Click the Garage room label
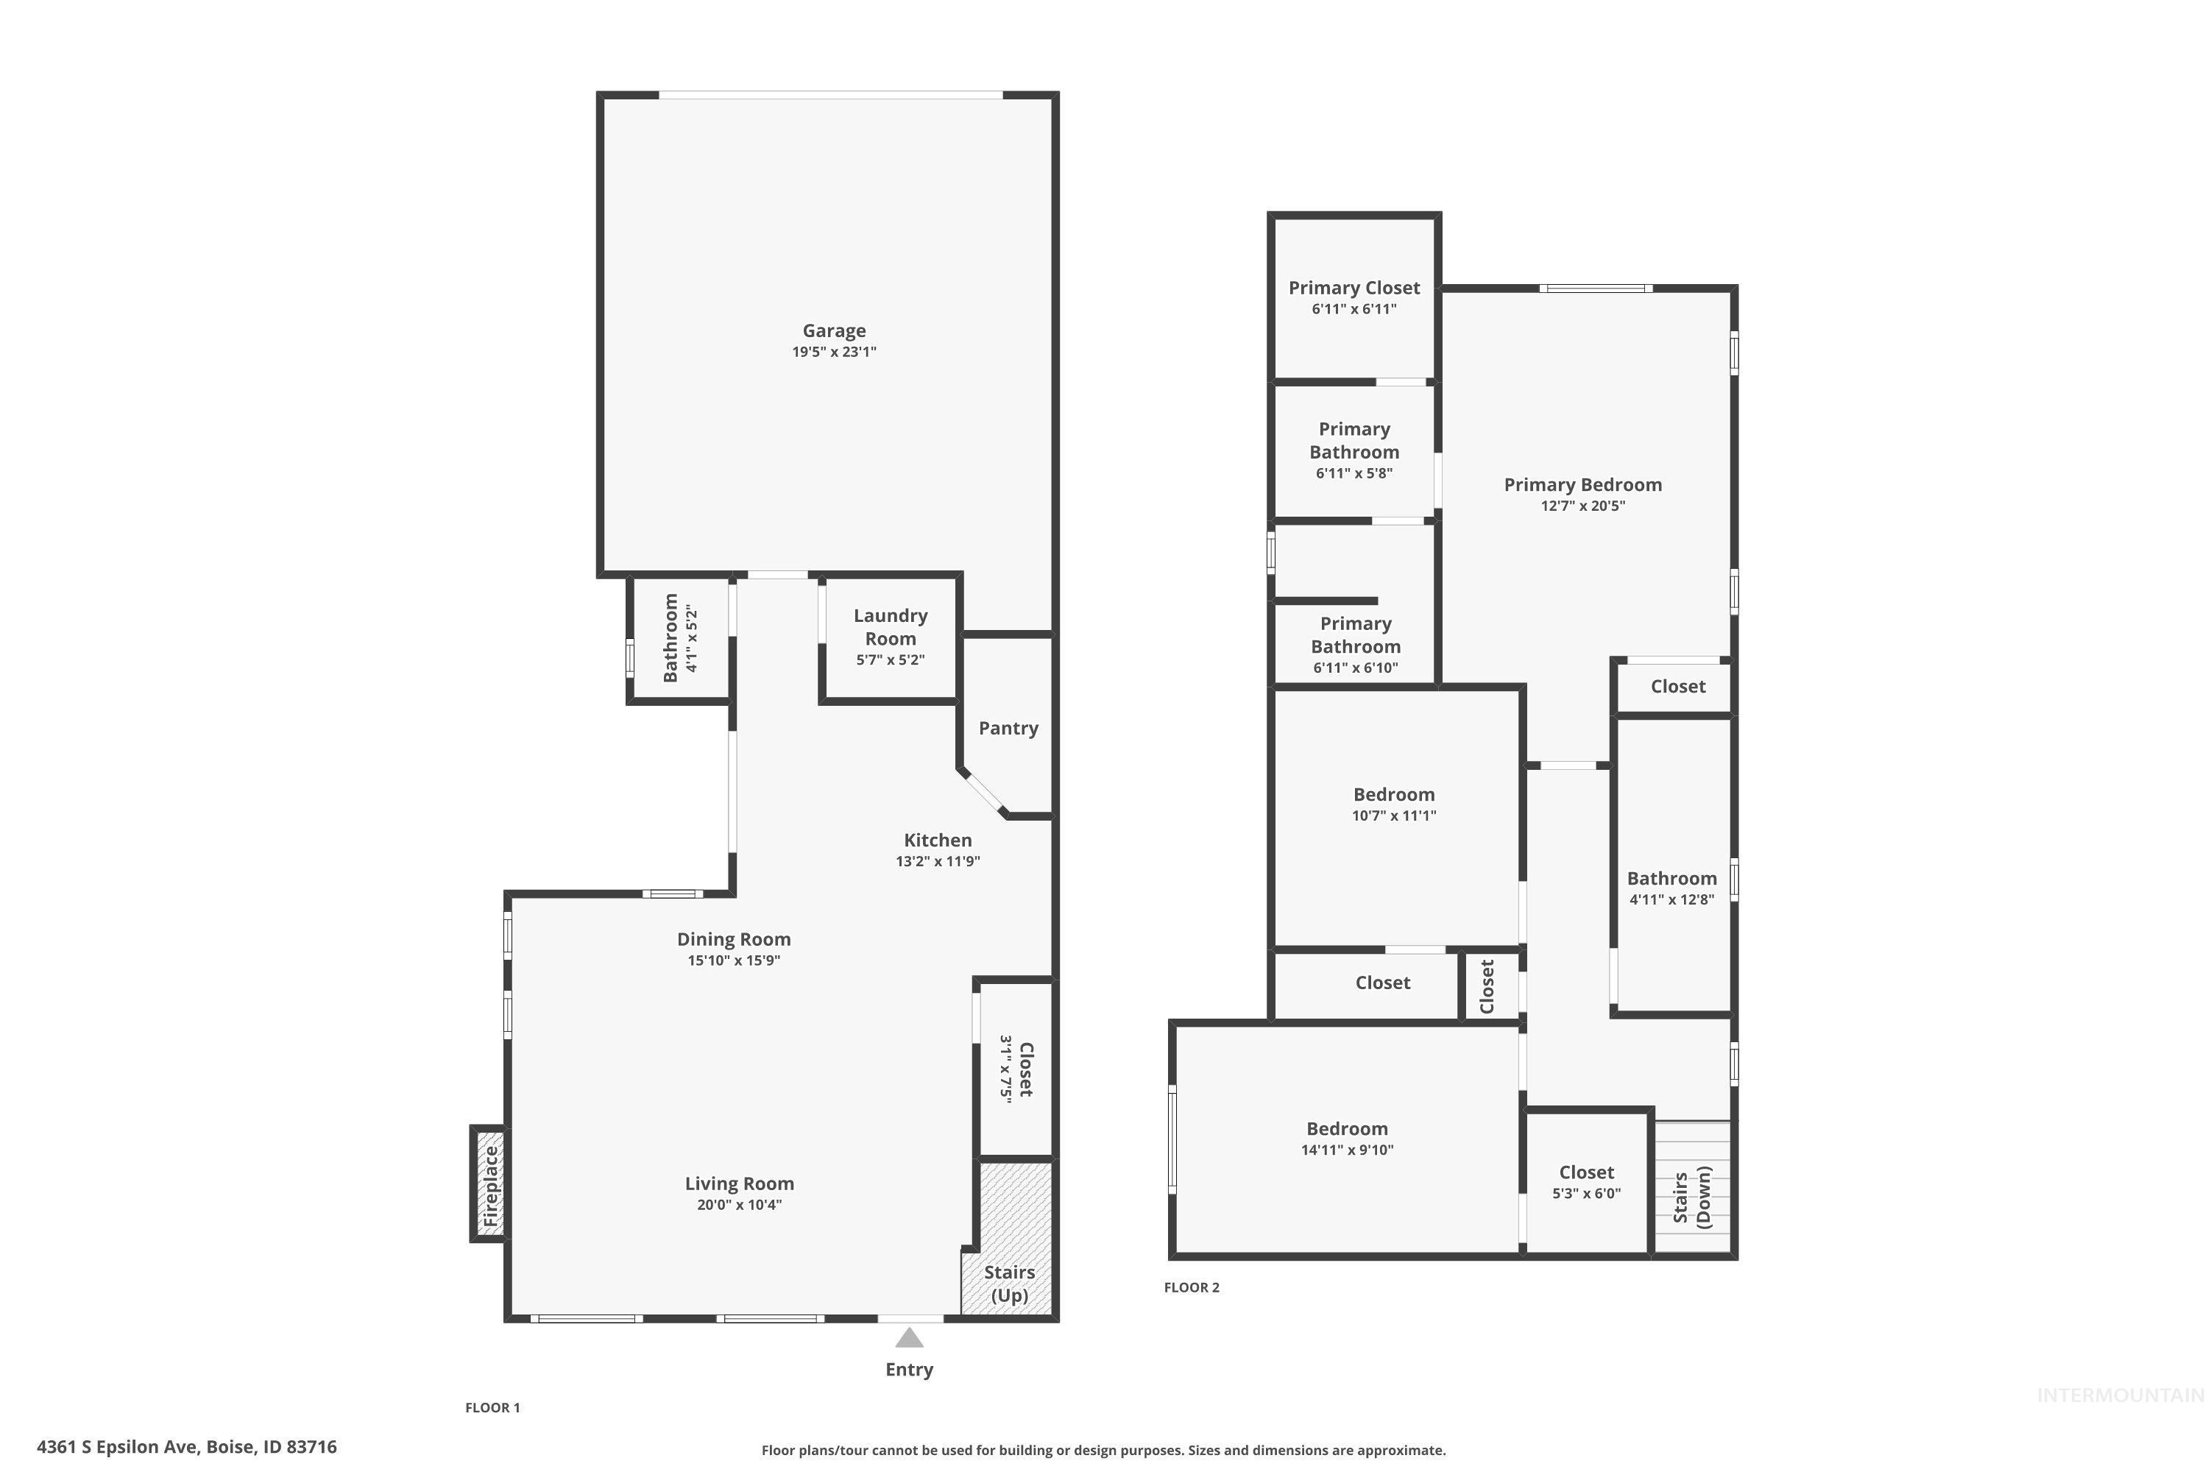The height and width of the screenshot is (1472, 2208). (x=834, y=330)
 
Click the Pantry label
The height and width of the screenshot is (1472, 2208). (x=1008, y=729)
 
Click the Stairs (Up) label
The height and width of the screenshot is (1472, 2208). (x=1009, y=1284)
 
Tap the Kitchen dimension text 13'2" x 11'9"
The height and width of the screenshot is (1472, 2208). (x=937, y=862)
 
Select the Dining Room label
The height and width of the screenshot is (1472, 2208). (x=733, y=939)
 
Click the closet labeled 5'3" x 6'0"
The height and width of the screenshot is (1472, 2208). (x=1587, y=1182)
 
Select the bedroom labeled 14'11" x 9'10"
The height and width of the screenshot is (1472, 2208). (x=1346, y=1138)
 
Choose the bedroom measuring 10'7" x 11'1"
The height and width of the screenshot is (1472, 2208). (x=1393, y=804)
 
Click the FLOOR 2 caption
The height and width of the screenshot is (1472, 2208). (x=1192, y=1287)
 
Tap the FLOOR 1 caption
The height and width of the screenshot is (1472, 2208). (x=492, y=1407)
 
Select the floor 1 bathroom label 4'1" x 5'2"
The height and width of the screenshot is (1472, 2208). (x=679, y=637)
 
